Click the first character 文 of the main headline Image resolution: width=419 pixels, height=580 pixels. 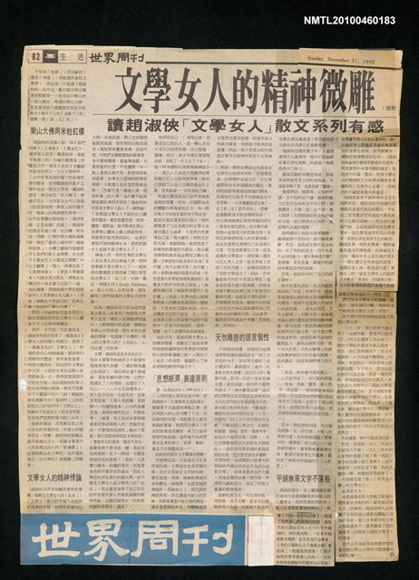coord(133,93)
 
